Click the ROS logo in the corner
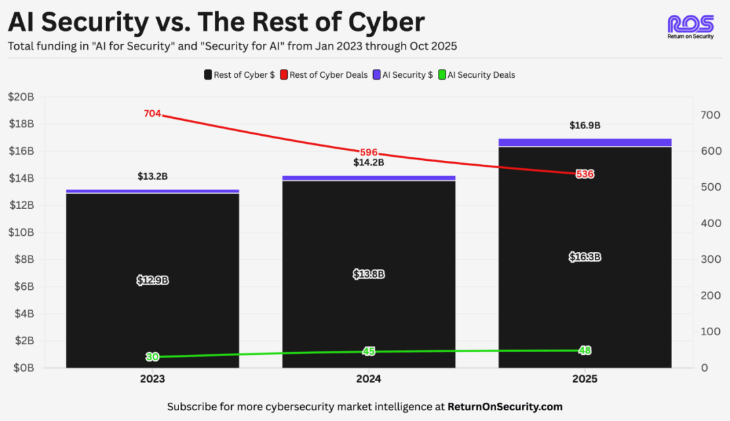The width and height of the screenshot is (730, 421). pyautogui.click(x=690, y=28)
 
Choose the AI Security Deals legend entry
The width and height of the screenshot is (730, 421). pyautogui.click(x=477, y=75)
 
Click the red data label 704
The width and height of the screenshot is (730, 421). pyautogui.click(x=153, y=114)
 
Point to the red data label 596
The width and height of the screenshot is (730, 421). pyautogui.click(x=368, y=152)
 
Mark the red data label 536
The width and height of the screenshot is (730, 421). pyautogui.click(x=585, y=174)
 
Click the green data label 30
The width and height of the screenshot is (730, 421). pyautogui.click(x=153, y=357)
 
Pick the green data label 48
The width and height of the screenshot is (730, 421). pyautogui.click(x=585, y=350)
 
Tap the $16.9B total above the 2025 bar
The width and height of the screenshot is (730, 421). pyautogui.click(x=585, y=126)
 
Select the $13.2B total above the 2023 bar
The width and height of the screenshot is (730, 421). pyautogui.click(x=153, y=176)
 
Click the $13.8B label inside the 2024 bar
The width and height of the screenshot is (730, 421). pyautogui.click(x=368, y=274)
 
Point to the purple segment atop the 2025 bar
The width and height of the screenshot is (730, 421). pyautogui.click(x=585, y=142)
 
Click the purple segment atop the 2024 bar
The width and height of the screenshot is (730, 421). pyautogui.click(x=368, y=178)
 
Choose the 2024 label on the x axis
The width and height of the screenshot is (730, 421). pyautogui.click(x=368, y=380)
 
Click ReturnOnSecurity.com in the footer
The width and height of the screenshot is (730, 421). pyautogui.click(x=505, y=407)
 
